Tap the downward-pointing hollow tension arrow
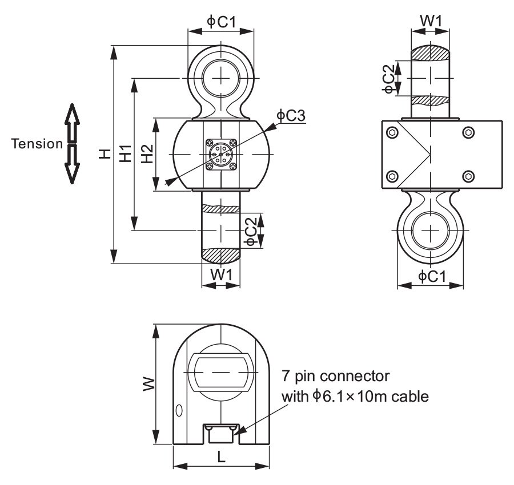(x=71, y=164)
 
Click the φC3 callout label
(x=291, y=115)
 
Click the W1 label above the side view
(x=431, y=21)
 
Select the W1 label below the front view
(x=221, y=274)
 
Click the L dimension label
(x=222, y=456)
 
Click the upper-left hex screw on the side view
(x=392, y=133)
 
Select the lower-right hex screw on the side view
(x=468, y=175)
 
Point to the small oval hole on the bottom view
(x=180, y=410)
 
